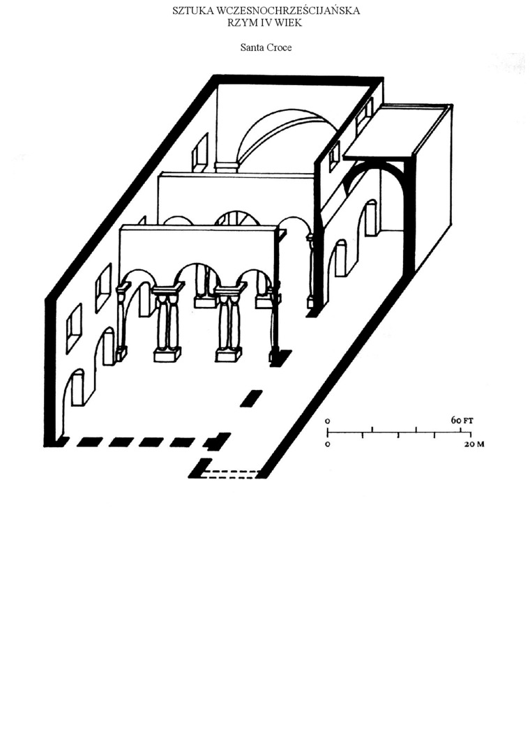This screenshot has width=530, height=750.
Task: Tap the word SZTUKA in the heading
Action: (193, 10)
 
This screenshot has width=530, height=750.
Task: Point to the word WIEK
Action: (289, 22)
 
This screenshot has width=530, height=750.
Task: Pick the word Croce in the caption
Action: (280, 47)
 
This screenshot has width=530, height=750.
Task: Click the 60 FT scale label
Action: (462, 421)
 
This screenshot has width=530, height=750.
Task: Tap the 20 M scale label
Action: (474, 444)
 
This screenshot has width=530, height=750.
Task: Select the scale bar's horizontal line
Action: (399, 433)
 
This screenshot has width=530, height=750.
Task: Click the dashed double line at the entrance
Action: (230, 474)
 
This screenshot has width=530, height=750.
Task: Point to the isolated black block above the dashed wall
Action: (251, 398)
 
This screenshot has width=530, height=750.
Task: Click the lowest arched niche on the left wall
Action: (77, 388)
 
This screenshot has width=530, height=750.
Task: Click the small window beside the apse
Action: (200, 151)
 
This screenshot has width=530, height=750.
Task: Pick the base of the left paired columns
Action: (167, 355)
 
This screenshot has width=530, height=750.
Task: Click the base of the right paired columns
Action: (229, 355)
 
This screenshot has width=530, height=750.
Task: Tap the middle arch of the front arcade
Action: (197, 271)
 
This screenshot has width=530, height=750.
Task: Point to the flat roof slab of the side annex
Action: (397, 130)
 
